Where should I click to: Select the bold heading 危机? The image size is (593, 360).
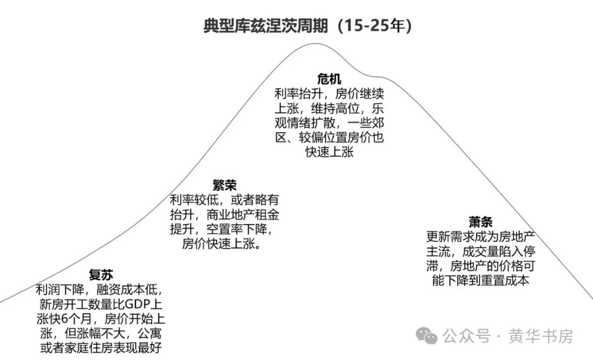pyautogui.click(x=329, y=78)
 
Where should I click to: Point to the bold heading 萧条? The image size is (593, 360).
pyautogui.click(x=480, y=222)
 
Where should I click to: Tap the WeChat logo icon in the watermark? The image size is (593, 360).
pyautogui.click(x=426, y=335)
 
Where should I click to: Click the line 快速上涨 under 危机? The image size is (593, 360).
pyautogui.click(x=329, y=152)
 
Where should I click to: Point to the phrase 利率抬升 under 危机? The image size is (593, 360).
pyautogui.click(x=299, y=93)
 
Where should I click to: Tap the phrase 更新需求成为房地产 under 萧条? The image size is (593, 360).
pyautogui.click(x=480, y=238)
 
